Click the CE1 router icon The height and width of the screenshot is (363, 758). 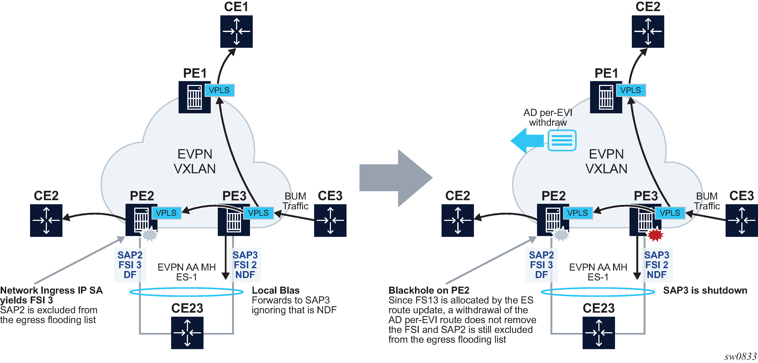(236, 32)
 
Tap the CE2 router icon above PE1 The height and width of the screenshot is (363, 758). (648, 32)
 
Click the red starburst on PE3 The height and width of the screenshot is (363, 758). (655, 235)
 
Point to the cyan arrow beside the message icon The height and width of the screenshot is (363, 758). (527, 141)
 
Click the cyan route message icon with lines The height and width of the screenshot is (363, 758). (562, 141)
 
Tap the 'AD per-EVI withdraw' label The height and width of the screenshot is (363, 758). (548, 117)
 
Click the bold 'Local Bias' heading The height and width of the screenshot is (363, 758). (275, 290)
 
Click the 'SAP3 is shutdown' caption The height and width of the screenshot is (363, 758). (705, 290)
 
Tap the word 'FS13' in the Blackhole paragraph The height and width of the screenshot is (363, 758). (426, 300)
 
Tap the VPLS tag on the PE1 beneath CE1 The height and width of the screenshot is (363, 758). (219, 90)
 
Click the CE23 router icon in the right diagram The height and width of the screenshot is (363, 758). (599, 333)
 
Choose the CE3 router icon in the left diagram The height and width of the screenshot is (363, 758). (330, 220)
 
